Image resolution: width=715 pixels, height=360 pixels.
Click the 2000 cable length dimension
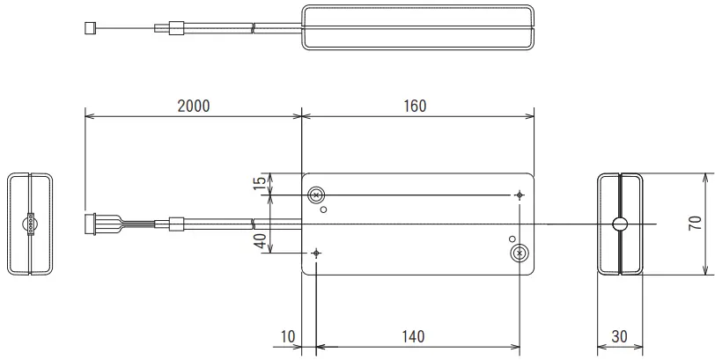pyautogui.click(x=193, y=106)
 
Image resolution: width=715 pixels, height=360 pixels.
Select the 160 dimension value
pyautogui.click(x=416, y=106)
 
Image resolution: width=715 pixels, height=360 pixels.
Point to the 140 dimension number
pyautogui.click(x=412, y=336)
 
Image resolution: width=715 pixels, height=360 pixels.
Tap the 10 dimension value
pyautogui.click(x=288, y=336)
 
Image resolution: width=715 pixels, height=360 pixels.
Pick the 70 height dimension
pyautogui.click(x=695, y=224)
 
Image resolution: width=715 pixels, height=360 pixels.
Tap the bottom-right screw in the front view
pyautogui.click(x=520, y=253)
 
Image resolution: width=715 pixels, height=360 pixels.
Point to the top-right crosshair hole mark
pyautogui.click(x=520, y=195)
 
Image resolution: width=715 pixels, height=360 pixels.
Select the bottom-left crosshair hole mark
pyautogui.click(x=317, y=253)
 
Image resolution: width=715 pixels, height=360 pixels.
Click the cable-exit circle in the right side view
pyautogui.click(x=621, y=224)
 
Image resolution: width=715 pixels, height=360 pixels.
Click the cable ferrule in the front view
pyautogui.click(x=175, y=224)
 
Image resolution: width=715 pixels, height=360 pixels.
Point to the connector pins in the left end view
pyautogui.click(x=31, y=224)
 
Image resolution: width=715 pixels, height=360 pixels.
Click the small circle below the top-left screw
pyautogui.click(x=324, y=209)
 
